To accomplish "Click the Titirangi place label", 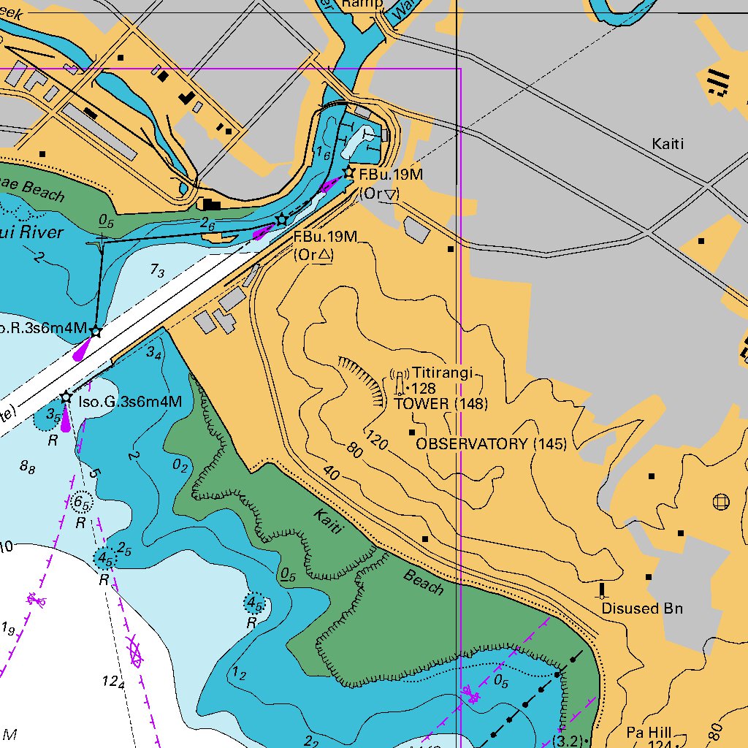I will (443, 373).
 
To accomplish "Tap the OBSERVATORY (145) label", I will (491, 444).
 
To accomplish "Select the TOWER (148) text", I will (441, 403).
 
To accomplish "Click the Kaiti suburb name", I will (668, 144).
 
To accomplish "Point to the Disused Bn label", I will (642, 608).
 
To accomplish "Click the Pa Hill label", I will (649, 732).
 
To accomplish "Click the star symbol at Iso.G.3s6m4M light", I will (66, 397).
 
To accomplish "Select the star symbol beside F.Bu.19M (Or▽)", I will (349, 172).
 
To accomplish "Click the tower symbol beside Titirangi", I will (400, 381).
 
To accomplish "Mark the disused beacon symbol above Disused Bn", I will (603, 589).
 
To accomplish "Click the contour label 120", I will (376, 440).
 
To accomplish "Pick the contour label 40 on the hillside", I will (331, 474).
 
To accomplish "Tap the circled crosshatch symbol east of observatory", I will (721, 501).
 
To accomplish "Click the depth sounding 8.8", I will (28, 468).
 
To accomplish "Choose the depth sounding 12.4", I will (113, 682).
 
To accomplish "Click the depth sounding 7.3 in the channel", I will (157, 271).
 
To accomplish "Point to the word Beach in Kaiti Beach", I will (424, 582).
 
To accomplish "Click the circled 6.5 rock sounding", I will (82, 503).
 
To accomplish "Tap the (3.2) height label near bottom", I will (568, 741).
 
